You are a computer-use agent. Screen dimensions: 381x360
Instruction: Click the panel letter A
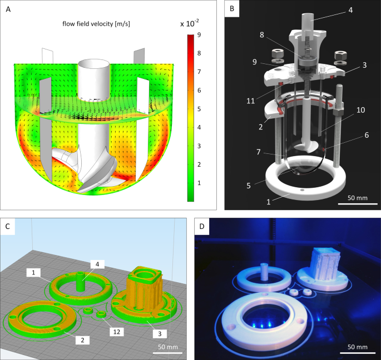(x=8, y=9)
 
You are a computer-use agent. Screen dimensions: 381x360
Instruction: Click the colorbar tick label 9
(x=199, y=34)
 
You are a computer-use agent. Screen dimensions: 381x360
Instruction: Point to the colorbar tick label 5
(x=199, y=109)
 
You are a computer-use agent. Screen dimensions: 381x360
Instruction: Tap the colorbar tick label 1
(x=199, y=183)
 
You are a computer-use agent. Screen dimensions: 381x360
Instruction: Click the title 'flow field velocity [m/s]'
(x=96, y=24)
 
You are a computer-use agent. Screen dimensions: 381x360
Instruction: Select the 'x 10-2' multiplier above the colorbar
(x=190, y=23)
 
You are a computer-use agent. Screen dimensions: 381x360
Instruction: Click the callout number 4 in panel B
(x=350, y=10)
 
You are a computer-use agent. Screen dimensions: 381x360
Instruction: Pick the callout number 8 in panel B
(x=262, y=34)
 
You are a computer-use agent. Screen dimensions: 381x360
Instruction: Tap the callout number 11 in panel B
(x=250, y=101)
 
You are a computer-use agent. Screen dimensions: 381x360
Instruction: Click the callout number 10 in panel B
(x=360, y=110)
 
